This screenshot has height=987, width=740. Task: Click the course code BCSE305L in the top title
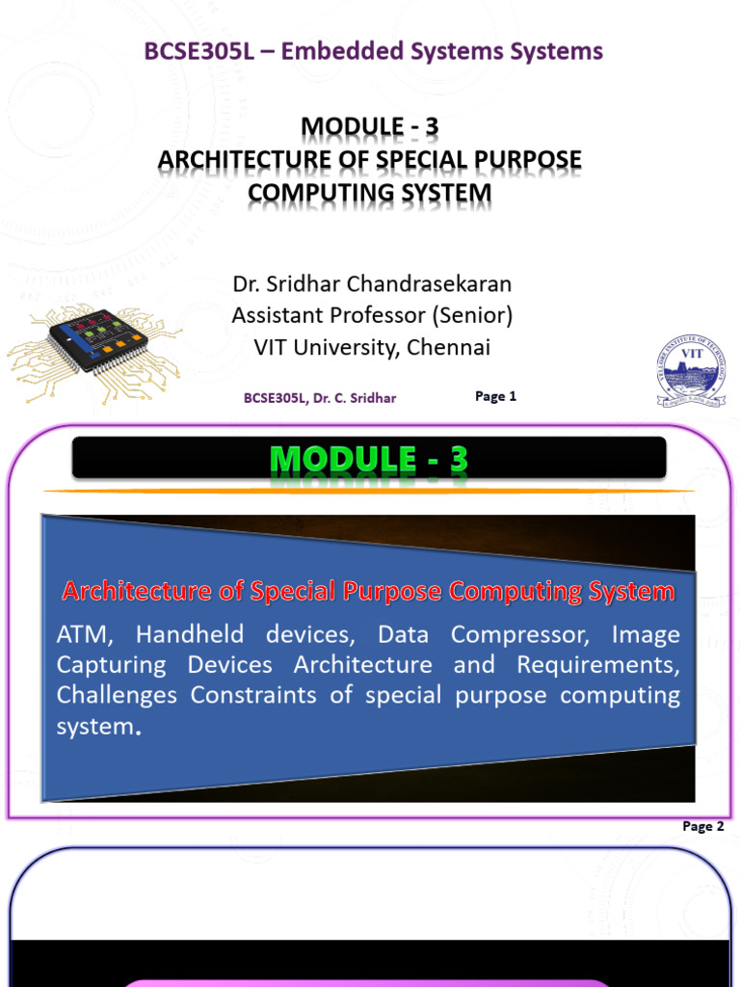(x=196, y=51)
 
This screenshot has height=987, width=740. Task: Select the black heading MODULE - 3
(x=370, y=126)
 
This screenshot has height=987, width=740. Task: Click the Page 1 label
(x=496, y=396)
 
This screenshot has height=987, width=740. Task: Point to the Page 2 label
(x=702, y=826)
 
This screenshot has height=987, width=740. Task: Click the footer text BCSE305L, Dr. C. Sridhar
(x=320, y=397)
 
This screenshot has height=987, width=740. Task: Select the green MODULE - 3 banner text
(x=369, y=460)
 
